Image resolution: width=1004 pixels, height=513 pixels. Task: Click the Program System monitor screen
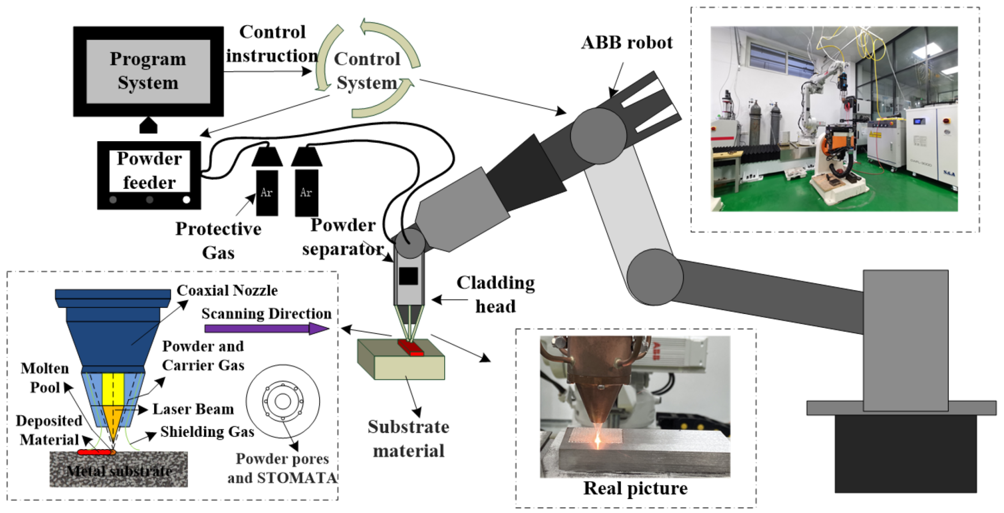(148, 71)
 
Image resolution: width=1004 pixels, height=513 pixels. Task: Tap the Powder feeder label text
(149, 171)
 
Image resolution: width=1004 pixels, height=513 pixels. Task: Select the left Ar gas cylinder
(267, 192)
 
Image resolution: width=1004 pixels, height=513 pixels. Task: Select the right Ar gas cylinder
(306, 192)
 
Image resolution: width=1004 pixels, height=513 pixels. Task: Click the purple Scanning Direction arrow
(266, 328)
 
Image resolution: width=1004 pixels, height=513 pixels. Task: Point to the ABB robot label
(626, 42)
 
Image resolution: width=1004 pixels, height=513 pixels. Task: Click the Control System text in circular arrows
(367, 71)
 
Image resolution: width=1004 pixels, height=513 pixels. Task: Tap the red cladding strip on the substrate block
(411, 348)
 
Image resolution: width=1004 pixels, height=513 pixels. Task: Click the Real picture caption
(635, 488)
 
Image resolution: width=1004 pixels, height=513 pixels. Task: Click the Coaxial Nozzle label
(227, 290)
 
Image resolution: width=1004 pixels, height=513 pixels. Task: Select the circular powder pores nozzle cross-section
(283, 401)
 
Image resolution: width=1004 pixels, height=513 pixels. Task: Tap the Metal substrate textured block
(119, 470)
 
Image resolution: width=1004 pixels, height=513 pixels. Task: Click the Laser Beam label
(193, 409)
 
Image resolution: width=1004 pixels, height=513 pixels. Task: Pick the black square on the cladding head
(408, 276)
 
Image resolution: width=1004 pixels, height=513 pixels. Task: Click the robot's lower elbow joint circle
(654, 278)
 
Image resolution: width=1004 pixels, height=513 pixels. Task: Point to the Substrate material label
(408, 438)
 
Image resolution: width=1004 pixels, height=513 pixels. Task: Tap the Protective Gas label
(218, 240)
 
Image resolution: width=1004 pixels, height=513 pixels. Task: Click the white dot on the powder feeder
(186, 200)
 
